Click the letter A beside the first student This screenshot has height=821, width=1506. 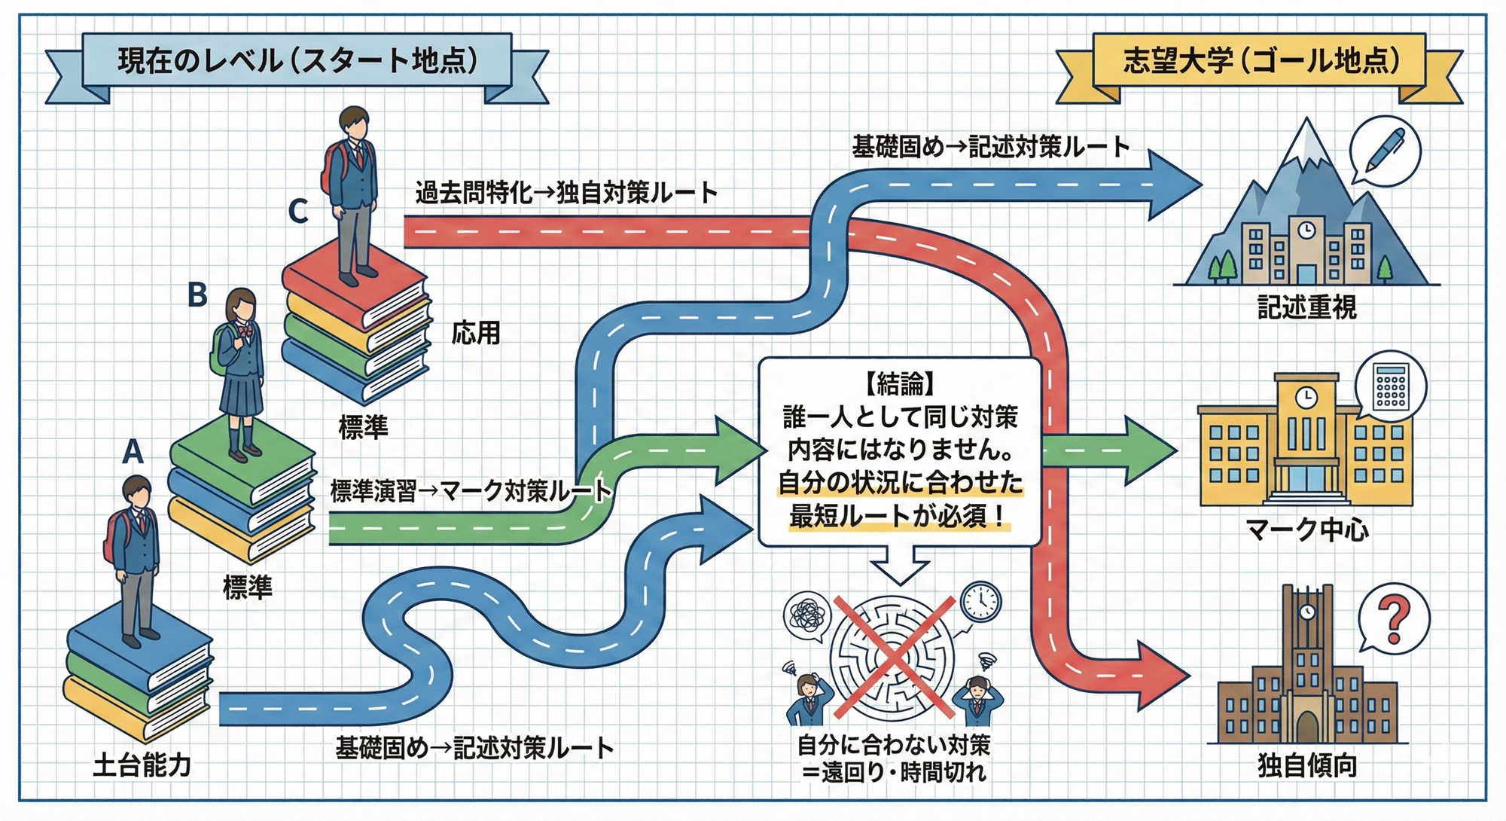(133, 452)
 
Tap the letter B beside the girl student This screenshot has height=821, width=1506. (197, 295)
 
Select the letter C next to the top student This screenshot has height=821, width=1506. (298, 212)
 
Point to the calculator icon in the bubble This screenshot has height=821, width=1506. (1390, 386)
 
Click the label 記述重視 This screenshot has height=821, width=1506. (1306, 307)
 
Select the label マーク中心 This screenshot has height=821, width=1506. (1306, 530)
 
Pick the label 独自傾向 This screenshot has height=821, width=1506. (1306, 765)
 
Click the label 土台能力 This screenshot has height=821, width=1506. (142, 765)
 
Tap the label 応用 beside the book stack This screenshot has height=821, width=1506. (475, 332)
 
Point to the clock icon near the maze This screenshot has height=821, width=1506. (981, 601)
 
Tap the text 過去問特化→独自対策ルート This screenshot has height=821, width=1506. (566, 194)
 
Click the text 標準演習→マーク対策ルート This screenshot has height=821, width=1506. (471, 491)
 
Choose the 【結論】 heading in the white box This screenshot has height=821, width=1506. (899, 384)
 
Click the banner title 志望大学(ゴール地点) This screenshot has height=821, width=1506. (1261, 60)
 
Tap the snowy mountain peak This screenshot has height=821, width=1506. (1306, 139)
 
